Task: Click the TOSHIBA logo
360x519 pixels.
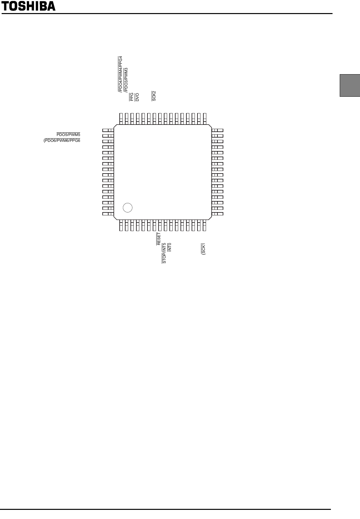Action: coord(28,6)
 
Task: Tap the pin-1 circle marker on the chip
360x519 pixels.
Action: coord(128,208)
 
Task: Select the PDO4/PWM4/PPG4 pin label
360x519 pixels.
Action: coord(120,74)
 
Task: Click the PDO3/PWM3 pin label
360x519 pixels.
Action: coord(126,80)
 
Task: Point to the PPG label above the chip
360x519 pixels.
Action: coord(131,97)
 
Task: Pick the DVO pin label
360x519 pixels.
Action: coord(137,97)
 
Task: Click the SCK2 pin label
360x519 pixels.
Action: coord(154,96)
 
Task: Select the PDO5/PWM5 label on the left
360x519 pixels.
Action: coord(68,134)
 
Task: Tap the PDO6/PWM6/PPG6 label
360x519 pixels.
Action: coord(62,141)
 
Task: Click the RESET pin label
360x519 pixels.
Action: coord(159,239)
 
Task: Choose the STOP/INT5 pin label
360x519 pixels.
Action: coord(164,253)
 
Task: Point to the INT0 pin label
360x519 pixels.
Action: coord(169,247)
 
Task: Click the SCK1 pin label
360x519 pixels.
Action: coord(203,249)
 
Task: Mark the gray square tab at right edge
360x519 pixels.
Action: coord(350,85)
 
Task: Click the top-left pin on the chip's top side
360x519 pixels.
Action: coord(121,119)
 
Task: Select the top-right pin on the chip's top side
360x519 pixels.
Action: coord(205,119)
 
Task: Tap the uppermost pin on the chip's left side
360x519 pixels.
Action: coord(108,130)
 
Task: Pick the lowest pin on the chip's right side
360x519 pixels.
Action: coord(217,214)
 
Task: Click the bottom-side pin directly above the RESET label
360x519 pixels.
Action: coord(160,225)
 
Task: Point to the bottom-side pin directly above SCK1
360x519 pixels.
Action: coord(204,225)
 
